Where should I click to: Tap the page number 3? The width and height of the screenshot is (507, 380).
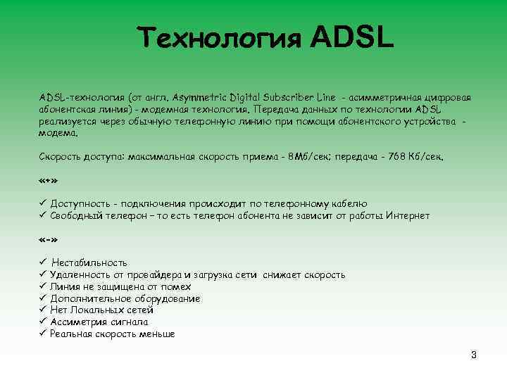474,355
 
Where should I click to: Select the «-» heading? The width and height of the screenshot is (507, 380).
48,239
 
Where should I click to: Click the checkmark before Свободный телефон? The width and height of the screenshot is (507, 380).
42,215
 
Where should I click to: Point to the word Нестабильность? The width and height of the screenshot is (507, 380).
89,262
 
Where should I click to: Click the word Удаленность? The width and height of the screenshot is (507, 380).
79,274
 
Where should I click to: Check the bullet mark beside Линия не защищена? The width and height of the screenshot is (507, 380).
42,286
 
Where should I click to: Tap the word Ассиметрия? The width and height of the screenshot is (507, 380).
76,322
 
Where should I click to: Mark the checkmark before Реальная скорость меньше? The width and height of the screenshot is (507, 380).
42,334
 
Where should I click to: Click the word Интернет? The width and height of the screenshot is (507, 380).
408,215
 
